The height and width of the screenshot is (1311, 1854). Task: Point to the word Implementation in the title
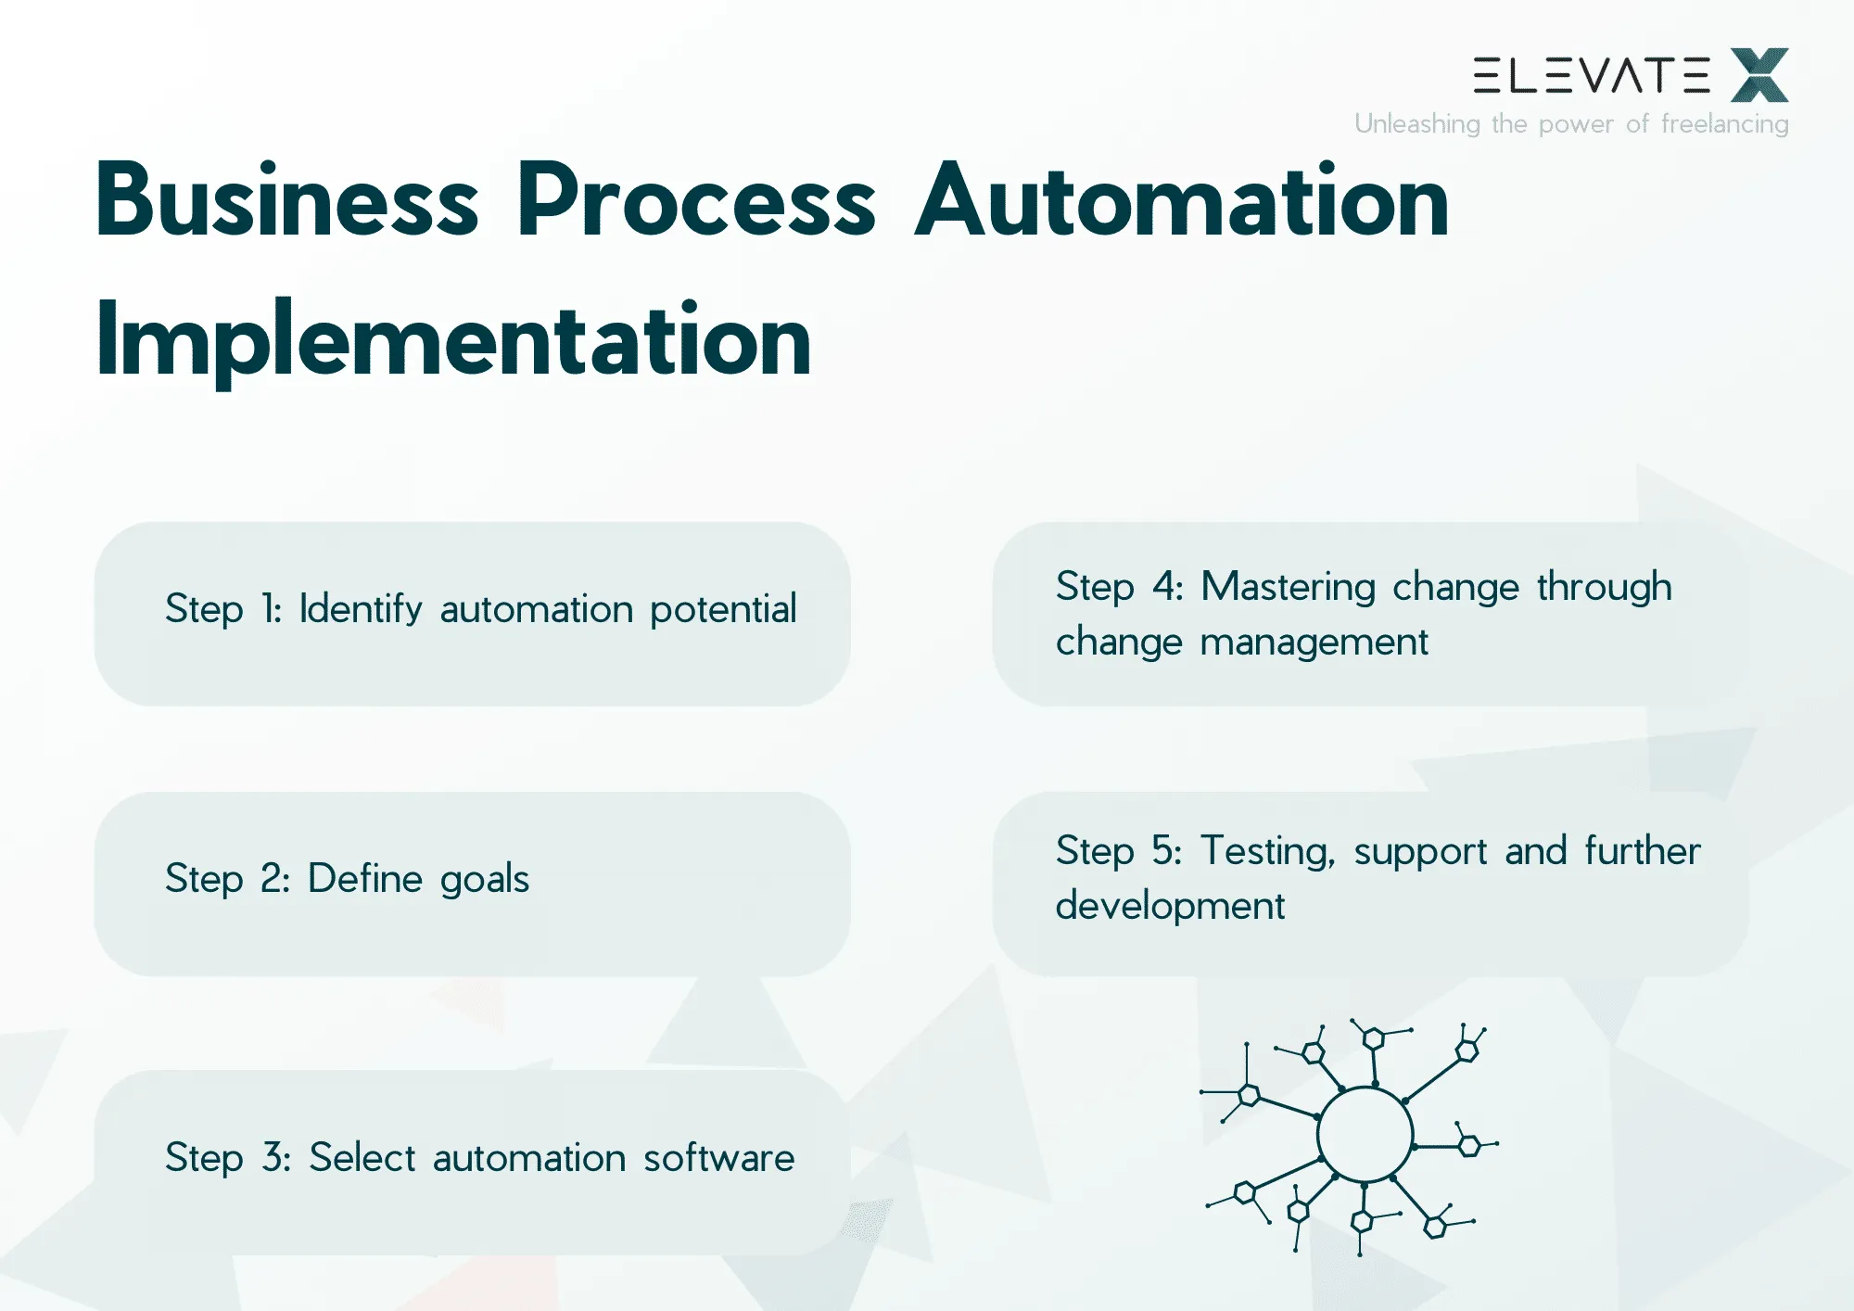453,340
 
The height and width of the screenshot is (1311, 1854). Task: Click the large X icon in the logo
1759,75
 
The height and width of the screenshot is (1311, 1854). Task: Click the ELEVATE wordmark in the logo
1591,76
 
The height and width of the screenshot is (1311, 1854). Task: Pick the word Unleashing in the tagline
1416,124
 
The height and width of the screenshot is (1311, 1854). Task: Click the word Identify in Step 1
361,610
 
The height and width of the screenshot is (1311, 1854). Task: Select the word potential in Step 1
723,610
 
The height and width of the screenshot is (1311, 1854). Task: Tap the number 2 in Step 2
274,879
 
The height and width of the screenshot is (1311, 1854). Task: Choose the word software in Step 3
718,1158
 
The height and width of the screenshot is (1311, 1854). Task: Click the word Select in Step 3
362,1158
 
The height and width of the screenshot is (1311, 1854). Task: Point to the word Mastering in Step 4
1288,588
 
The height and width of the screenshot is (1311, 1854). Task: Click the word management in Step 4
1314,643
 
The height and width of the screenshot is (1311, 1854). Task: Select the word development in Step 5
1170,906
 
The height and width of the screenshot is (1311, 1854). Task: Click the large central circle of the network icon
1365,1134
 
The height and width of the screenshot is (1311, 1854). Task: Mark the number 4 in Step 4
1166,587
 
